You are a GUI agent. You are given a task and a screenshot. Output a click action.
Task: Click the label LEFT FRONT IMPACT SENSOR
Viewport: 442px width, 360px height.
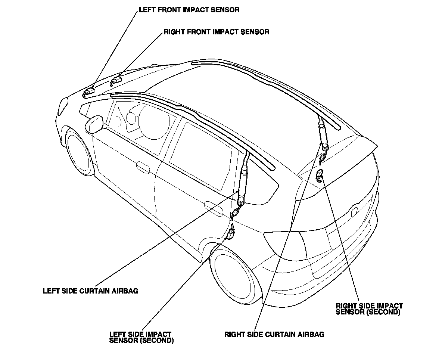coord(189,10)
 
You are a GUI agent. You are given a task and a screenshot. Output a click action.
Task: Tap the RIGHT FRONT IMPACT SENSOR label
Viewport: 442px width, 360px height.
coord(217,32)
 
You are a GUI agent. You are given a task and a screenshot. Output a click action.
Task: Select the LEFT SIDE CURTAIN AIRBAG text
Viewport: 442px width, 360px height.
coord(90,291)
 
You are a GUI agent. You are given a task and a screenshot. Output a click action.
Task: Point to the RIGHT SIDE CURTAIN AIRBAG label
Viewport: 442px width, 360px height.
coord(274,335)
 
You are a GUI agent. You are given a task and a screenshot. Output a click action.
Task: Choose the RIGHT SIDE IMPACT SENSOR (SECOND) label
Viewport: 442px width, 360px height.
coord(369,308)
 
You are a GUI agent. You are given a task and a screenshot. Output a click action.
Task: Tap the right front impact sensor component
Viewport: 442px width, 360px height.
coord(117,80)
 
